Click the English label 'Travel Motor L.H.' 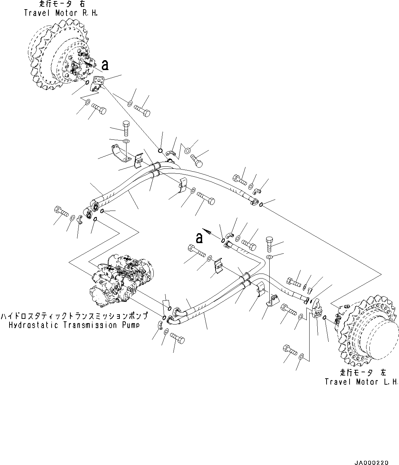pos(362,382)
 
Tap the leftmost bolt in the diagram pos(61,212)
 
